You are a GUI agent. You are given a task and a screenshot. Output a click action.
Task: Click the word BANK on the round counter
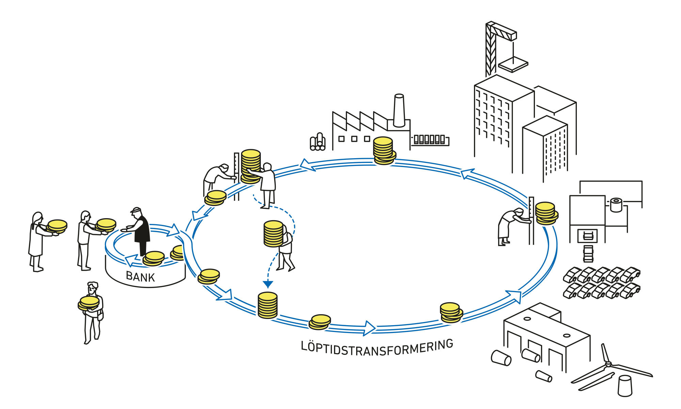pyautogui.click(x=140, y=276)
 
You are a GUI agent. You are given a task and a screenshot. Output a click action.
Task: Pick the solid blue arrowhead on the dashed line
pyautogui.click(x=268, y=284)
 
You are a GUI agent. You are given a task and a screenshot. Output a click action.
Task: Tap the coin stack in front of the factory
pyautogui.click(x=383, y=150)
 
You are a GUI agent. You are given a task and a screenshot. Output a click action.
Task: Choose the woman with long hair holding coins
pyautogui.click(x=36, y=240)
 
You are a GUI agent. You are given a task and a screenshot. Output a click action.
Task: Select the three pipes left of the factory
pyautogui.click(x=318, y=142)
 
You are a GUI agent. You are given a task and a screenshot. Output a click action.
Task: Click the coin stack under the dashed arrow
pyautogui.click(x=268, y=305)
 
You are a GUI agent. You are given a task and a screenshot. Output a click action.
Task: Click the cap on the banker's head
pyautogui.click(x=136, y=210)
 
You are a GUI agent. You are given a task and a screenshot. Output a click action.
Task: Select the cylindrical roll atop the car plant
pyautogui.click(x=616, y=205)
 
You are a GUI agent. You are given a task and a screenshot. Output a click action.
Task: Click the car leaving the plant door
pyautogui.click(x=588, y=254)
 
